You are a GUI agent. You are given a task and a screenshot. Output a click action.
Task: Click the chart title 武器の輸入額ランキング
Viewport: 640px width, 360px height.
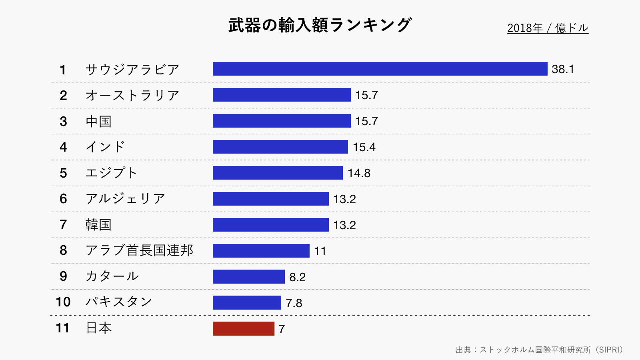point(320,25)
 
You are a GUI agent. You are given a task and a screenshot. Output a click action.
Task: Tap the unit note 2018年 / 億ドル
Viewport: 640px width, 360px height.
point(548,28)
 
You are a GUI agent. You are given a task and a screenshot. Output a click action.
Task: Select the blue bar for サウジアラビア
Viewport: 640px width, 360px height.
point(380,69)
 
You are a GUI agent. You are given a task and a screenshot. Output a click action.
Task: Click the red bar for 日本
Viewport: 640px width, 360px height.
point(243,328)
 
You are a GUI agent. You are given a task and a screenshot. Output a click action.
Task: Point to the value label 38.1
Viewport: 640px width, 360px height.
point(562,69)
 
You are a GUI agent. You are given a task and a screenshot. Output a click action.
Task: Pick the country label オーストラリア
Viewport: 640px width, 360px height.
point(132,95)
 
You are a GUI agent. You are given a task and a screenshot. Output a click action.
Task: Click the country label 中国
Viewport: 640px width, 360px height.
point(98,121)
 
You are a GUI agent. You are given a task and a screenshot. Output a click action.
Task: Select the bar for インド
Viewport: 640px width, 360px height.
point(280,147)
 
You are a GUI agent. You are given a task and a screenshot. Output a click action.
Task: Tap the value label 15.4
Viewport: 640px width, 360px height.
point(364,147)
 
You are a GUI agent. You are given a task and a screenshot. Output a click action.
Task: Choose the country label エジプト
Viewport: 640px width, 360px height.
point(112,173)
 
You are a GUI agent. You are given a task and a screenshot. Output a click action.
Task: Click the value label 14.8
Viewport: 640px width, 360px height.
point(359,173)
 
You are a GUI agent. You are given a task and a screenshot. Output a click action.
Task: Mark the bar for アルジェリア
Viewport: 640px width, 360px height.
point(270,199)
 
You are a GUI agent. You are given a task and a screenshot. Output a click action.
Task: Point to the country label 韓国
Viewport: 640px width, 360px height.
point(98,225)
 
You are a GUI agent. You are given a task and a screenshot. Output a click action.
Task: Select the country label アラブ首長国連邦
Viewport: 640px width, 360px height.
point(139,250)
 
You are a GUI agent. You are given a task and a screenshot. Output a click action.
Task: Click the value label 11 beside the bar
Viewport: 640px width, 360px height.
point(320,251)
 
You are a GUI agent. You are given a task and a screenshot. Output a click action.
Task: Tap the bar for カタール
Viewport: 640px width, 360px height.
point(248,276)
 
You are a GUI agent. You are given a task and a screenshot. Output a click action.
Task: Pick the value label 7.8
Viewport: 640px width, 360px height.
point(294,303)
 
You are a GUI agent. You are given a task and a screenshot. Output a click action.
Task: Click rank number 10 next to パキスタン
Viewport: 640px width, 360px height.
point(63,302)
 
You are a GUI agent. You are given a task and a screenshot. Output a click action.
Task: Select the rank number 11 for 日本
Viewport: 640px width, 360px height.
point(63,328)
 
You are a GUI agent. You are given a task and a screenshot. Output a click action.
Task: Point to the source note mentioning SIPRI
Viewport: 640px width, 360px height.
point(539,350)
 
